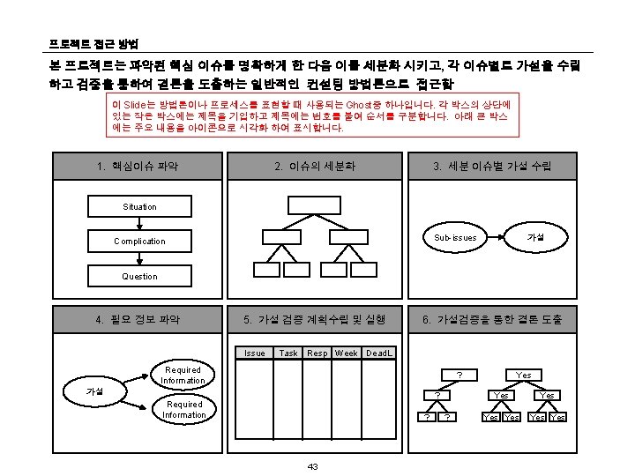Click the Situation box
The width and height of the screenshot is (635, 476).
click(139, 206)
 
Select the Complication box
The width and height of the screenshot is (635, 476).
click(139, 241)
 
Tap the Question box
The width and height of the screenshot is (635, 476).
click(139, 276)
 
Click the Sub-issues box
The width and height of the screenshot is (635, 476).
click(455, 238)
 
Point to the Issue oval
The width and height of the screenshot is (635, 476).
click(254, 353)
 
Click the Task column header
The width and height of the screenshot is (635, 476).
click(288, 353)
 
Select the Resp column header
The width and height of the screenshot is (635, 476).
click(317, 353)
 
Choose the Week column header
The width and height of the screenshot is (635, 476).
click(347, 353)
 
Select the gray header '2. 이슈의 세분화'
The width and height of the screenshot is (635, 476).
click(315, 166)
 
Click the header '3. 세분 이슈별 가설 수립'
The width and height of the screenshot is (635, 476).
click(492, 166)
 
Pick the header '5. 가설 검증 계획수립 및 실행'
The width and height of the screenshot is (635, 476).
click(315, 319)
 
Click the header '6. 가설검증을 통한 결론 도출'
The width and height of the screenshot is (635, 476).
click(492, 319)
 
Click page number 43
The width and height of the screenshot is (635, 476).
click(313, 465)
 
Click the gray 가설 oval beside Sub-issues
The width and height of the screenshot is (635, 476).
click(534, 238)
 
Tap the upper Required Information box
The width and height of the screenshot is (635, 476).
click(183, 375)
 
